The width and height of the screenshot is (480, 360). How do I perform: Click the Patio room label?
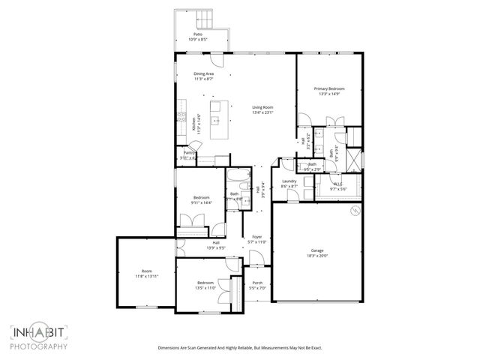click(197, 34)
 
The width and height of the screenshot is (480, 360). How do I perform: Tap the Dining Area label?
click(204, 73)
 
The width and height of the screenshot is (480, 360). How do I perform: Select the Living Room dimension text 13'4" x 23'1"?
click(262, 112)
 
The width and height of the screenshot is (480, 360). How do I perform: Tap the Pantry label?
click(189, 152)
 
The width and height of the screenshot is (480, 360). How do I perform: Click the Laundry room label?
click(290, 181)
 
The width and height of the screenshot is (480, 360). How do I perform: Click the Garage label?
click(317, 250)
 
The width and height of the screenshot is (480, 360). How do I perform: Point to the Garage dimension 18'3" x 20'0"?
click(317, 256)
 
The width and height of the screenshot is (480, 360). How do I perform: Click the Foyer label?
click(256, 236)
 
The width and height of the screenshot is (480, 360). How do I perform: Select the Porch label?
click(256, 282)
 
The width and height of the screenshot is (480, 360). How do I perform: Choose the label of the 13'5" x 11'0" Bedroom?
click(205, 282)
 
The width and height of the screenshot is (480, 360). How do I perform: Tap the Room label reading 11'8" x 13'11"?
click(146, 271)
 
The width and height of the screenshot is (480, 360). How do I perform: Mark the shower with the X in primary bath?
click(355, 160)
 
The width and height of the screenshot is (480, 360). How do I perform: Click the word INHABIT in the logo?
click(39, 333)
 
